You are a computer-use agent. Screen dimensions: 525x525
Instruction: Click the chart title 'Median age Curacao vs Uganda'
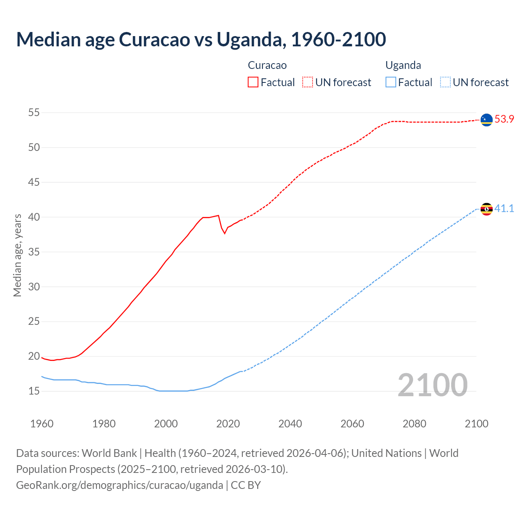coord(201,39)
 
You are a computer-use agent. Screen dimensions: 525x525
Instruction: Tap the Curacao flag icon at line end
coord(486,119)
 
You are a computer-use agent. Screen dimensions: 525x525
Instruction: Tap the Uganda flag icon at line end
coord(486,209)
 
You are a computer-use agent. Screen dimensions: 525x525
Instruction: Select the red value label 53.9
coord(504,119)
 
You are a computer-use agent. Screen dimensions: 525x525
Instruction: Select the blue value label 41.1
coord(504,209)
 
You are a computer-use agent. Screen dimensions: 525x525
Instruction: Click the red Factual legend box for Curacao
coord(253,82)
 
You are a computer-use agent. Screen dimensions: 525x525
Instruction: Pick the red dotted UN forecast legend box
coord(308,82)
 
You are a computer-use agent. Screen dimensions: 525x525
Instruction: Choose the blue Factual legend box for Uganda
coord(391,82)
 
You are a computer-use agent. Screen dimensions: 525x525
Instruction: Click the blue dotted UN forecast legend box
coord(445,82)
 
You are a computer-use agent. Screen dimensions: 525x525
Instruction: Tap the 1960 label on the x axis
coord(42,424)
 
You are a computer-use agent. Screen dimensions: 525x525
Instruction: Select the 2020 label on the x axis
coord(228,424)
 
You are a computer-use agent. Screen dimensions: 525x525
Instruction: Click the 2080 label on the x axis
coord(414,424)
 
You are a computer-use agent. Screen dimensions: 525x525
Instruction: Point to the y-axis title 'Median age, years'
coord(17,255)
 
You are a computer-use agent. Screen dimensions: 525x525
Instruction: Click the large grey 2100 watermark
coord(432,385)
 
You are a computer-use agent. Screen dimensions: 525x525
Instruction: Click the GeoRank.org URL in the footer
coord(119,485)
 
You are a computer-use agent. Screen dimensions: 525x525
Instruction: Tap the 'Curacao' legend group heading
coord(267,65)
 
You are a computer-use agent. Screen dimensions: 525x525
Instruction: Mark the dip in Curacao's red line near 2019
coord(225,233)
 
